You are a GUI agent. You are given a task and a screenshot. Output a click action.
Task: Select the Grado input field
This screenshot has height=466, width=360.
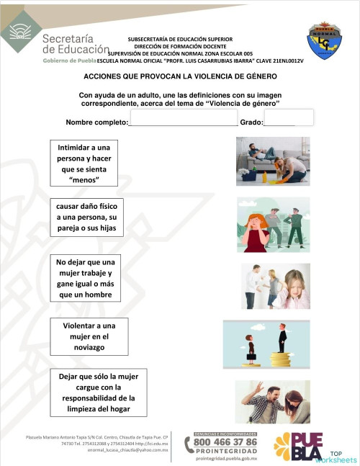click(294, 117)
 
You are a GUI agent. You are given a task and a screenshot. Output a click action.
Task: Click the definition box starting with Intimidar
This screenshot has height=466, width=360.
click(84, 163)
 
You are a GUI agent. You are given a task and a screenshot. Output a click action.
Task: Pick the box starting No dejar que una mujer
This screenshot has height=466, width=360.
click(86, 278)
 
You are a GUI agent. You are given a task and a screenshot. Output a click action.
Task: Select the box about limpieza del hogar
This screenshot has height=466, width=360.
click(99, 393)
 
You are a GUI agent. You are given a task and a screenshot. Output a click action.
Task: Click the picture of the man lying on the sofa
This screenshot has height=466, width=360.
click(272, 161)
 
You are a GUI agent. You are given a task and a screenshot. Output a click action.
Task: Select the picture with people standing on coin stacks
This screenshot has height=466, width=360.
click(266, 343)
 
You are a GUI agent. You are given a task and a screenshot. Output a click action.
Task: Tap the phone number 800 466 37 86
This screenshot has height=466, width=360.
click(225, 441)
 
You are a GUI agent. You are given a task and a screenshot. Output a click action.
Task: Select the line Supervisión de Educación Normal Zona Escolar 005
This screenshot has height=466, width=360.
click(180, 53)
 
